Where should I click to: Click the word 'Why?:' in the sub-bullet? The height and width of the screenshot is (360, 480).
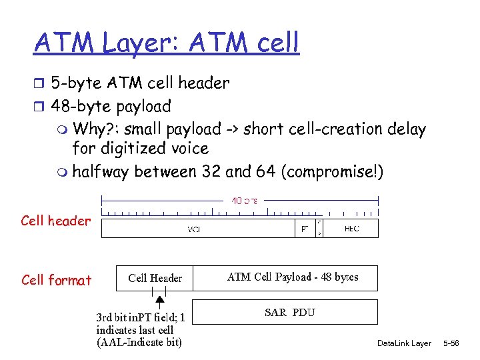point(97,129)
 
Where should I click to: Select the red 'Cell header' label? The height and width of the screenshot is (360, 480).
point(55,221)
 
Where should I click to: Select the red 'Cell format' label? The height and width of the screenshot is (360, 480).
point(56,280)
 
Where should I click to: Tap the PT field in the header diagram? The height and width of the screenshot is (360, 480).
point(304,229)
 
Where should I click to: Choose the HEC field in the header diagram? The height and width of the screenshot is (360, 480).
point(351,229)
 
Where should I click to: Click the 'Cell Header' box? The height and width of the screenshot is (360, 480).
point(155,279)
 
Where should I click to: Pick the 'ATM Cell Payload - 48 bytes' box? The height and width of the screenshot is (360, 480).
point(293,277)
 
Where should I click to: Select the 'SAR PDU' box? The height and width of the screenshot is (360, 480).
point(290,312)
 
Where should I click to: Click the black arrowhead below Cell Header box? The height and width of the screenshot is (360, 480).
point(160,300)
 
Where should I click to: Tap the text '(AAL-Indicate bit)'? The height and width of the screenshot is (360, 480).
point(139,343)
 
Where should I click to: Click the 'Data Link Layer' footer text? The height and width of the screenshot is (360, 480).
point(404,343)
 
